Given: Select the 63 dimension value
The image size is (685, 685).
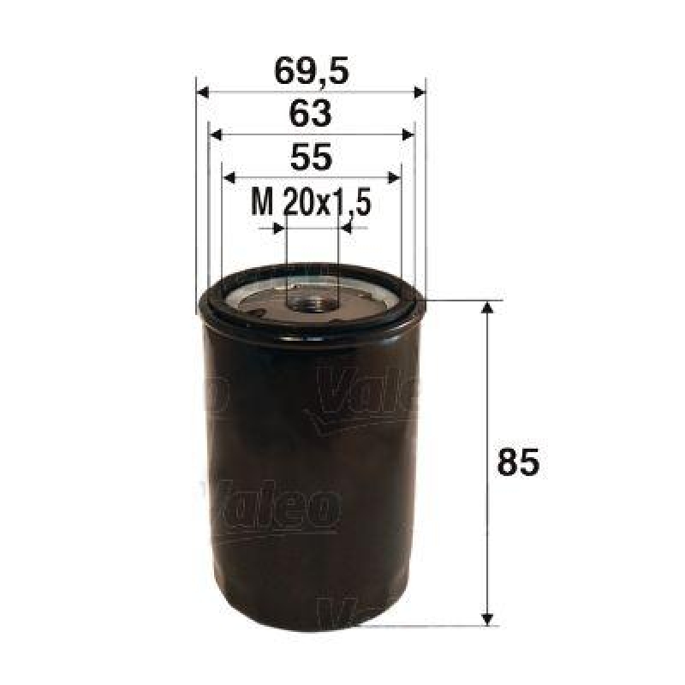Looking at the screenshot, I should click(311, 114).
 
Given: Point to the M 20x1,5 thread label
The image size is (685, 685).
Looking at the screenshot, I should click(311, 203).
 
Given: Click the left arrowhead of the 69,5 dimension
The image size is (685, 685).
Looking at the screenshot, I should click(203, 92).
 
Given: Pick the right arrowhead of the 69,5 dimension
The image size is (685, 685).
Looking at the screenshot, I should click(419, 92).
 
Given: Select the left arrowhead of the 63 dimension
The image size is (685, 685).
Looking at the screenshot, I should click(216, 134).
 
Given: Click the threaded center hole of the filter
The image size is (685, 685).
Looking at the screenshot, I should click(310, 301).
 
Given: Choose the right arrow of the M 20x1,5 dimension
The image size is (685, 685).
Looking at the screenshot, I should click(347, 228).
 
